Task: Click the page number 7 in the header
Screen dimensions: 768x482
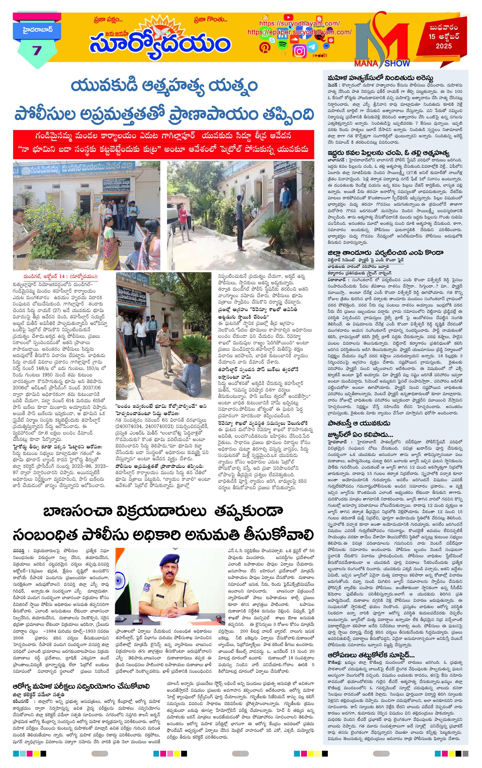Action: click(37, 50)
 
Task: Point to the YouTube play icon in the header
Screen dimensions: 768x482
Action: click(288, 17)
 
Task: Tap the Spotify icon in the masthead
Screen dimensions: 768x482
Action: click(282, 45)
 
